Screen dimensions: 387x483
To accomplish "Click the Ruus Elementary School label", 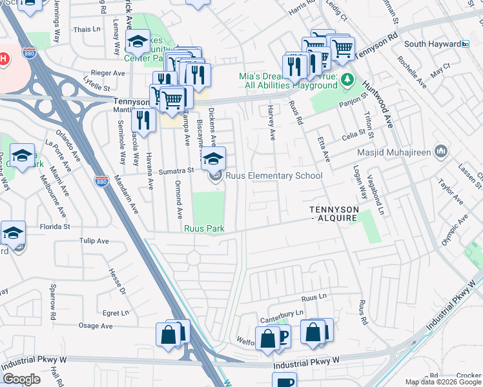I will [274, 175].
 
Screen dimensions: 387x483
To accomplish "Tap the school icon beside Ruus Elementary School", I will [214, 159].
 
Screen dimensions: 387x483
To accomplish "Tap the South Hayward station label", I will [431, 44].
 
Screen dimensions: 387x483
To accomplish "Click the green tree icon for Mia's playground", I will [348, 79].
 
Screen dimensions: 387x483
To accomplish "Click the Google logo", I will [21, 379].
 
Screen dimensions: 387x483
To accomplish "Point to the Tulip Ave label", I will [94, 241].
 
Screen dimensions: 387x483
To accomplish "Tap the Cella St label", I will [353, 137].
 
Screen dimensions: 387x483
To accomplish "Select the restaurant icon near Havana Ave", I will [143, 120].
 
